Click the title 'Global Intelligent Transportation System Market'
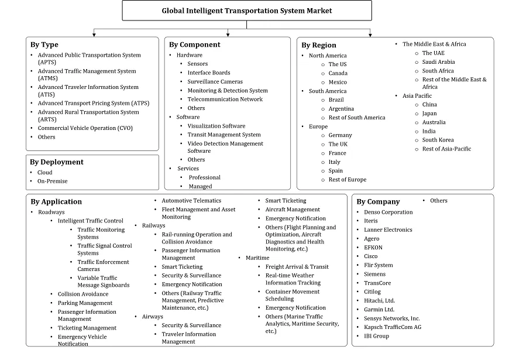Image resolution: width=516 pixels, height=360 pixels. pyautogui.click(x=246, y=11)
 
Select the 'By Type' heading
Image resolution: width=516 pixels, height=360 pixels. pyautogui.click(x=44, y=44)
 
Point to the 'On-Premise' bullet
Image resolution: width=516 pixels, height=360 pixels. pyautogui.click(x=53, y=181)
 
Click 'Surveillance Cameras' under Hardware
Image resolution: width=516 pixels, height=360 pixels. pyautogui.click(x=215, y=81)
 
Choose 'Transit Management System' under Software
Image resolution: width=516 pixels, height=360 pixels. pyautogui.click(x=224, y=135)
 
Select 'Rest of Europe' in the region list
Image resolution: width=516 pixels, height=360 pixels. pyautogui.click(x=347, y=180)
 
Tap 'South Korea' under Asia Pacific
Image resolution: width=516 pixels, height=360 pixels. pyautogui.click(x=438, y=140)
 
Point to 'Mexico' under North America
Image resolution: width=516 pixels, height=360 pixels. pyautogui.click(x=338, y=82)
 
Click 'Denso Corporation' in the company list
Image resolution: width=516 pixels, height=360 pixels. pyautogui.click(x=388, y=212)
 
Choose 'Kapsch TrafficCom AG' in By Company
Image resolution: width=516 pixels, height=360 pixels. pyautogui.click(x=392, y=327)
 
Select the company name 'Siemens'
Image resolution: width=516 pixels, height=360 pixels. pyautogui.click(x=374, y=273)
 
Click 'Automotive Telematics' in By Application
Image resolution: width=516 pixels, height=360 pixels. pyautogui.click(x=191, y=201)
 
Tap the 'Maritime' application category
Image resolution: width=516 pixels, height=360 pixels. pyautogui.click(x=257, y=258)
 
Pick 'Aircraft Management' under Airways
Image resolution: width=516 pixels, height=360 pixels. pyautogui.click(x=293, y=210)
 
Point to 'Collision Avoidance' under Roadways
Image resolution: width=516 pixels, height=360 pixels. pyautogui.click(x=82, y=294)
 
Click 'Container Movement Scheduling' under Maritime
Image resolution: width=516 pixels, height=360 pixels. pyautogui.click(x=293, y=295)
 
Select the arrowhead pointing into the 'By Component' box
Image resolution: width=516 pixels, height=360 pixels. pyautogui.click(x=228, y=35)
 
